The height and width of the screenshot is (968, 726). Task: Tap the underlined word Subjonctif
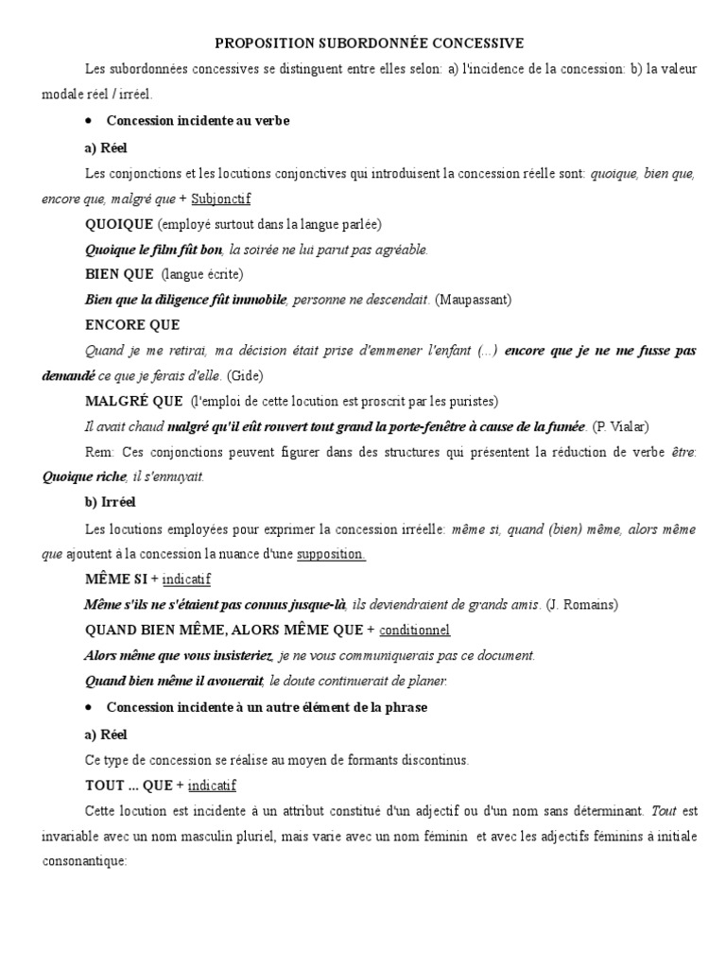221,199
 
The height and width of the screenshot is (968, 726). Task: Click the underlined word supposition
331,554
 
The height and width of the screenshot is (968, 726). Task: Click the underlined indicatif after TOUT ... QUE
213,785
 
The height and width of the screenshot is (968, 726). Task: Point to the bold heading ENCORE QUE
131,325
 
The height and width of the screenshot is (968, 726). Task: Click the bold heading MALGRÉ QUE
132,401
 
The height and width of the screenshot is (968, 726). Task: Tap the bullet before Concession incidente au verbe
88,122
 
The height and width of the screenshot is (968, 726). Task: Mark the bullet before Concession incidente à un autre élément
88,708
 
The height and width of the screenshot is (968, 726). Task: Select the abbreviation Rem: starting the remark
98,452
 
